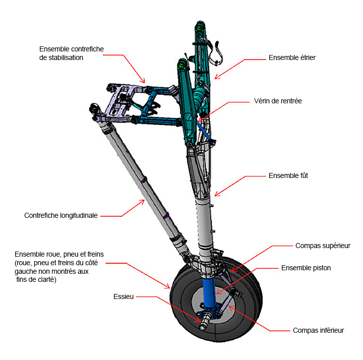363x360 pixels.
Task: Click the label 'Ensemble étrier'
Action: click(x=292, y=57)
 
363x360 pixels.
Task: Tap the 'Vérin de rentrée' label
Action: click(x=278, y=101)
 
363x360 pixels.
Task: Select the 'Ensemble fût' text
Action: click(x=288, y=175)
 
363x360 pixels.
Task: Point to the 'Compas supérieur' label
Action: click(x=323, y=246)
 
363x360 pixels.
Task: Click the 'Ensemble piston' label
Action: click(x=306, y=268)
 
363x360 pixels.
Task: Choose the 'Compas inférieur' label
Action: click(x=318, y=330)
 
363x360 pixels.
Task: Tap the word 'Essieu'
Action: click(x=124, y=296)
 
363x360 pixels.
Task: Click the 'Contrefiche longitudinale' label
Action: click(x=60, y=215)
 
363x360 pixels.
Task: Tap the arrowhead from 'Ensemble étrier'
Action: click(x=217, y=77)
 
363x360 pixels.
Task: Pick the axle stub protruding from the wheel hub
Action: click(x=204, y=322)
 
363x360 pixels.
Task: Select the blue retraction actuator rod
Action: click(x=204, y=131)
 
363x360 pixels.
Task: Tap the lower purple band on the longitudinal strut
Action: click(x=166, y=216)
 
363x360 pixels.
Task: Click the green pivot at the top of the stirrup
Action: click(x=199, y=28)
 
